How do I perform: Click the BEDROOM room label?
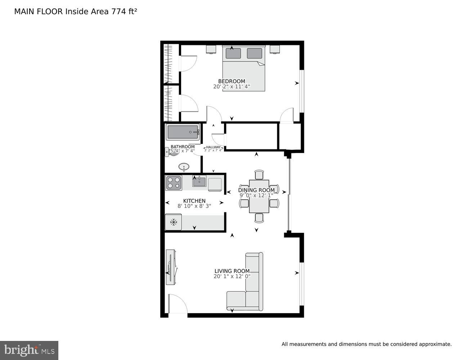click(231, 81)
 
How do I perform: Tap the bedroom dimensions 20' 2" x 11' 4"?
click(231, 87)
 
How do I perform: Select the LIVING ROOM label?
click(232, 271)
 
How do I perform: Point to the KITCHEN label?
click(194, 201)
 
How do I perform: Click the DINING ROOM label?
click(256, 190)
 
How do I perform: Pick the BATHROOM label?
click(182, 147)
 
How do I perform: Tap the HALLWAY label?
click(213, 147)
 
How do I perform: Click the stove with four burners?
click(174, 183)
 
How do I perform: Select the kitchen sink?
click(199, 182)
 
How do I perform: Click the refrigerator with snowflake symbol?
click(174, 222)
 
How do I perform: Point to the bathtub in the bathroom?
click(183, 132)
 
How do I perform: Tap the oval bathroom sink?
click(184, 167)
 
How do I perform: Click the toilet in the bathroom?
click(171, 152)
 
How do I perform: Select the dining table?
click(259, 197)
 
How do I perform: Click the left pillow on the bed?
click(233, 53)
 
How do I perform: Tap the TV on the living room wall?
click(171, 267)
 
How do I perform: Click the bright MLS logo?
click(29, 350)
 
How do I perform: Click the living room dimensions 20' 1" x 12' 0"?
click(232, 276)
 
